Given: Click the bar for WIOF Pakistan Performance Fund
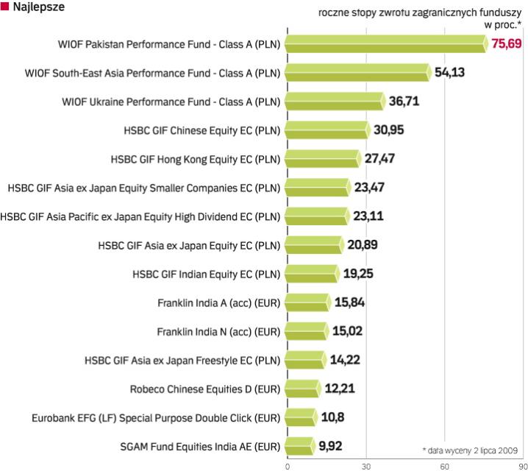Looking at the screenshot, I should coord(385,44).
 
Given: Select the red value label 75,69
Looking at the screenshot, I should coord(507,44).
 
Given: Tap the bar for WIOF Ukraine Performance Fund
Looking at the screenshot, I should coord(335,101).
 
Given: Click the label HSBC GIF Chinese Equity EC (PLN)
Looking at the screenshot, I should coord(203,130).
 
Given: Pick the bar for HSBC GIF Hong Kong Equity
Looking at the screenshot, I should coord(322,158).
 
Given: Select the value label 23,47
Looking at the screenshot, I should coord(368,187).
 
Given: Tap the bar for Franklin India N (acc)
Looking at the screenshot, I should coord(304,330).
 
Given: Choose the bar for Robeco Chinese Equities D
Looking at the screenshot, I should coord(302,388).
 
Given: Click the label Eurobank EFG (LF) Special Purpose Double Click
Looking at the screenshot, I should coord(156,417).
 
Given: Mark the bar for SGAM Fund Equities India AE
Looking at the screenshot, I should coord(298,445).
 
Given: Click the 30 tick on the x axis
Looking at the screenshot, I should coord(365,465).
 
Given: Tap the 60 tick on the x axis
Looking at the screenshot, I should coord(443,465).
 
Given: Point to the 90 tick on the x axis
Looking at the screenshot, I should coord(521,465).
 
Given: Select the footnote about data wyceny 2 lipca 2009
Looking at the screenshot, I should coord(471,449).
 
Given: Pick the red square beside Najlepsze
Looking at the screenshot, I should coord(5,7).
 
